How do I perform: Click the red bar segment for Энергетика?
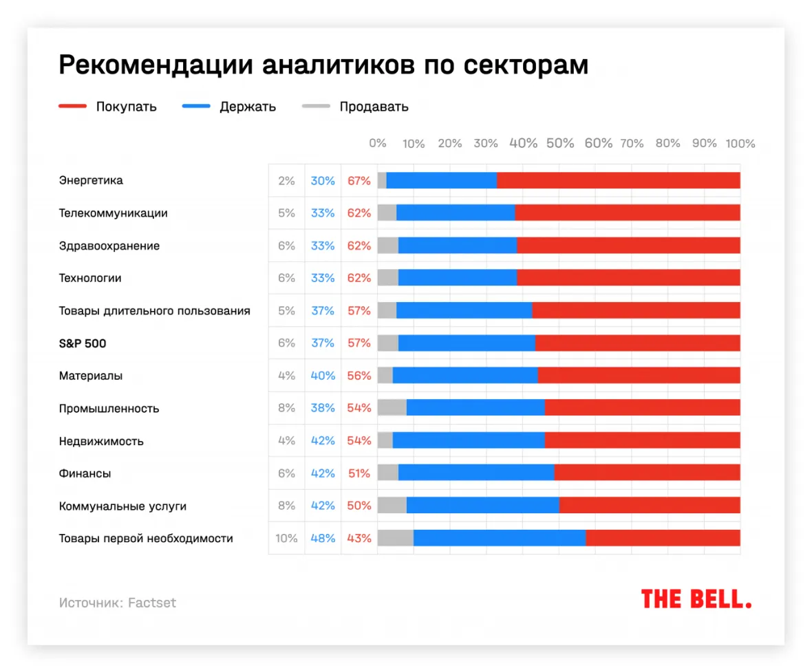618,180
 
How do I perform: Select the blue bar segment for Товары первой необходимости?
499,538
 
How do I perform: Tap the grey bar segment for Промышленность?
392,408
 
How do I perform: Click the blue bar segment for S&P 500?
467,343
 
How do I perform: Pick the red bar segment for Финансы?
647,473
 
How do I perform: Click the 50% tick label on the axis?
560,143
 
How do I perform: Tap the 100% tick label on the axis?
740,143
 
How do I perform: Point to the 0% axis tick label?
378,143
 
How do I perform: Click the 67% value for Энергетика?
359,181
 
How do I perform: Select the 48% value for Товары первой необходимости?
323,539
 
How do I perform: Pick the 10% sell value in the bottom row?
286,539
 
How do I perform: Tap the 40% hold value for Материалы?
323,376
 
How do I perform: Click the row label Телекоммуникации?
114,213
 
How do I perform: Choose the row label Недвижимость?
101,441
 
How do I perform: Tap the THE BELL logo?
696,599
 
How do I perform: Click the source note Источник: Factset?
118,603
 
